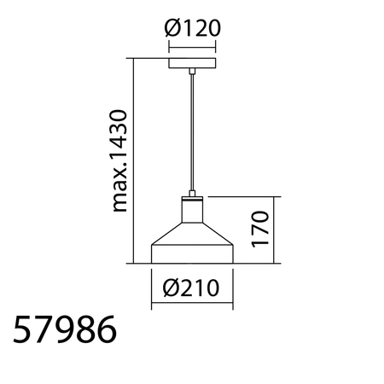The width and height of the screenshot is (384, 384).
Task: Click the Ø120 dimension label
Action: (x=192, y=29)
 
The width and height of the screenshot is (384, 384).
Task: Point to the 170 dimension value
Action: (x=261, y=229)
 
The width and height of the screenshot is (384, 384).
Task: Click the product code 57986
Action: (x=65, y=330)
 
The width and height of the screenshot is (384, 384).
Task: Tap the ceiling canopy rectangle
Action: (x=192, y=64)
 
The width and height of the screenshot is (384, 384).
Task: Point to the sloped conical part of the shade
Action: (x=192, y=234)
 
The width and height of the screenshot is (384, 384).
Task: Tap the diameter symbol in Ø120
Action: (x=172, y=29)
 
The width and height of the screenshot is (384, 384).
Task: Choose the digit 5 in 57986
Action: (x=24, y=330)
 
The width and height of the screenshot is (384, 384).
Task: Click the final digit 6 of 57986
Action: (x=105, y=330)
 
